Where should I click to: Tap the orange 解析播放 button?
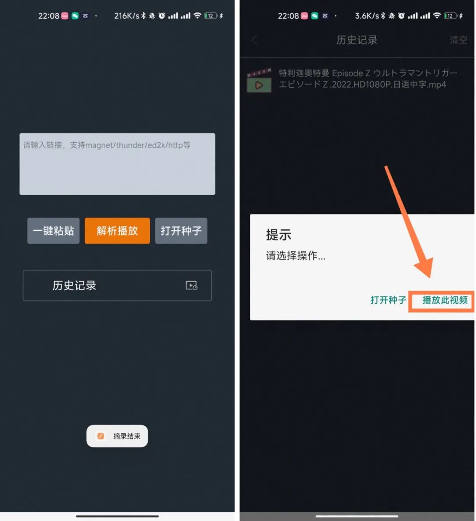pyautogui.click(x=117, y=231)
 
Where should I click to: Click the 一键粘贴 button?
pyautogui.click(x=53, y=231)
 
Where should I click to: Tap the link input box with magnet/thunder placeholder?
pyautogui.click(x=117, y=164)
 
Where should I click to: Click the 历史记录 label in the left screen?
pyautogui.click(x=74, y=285)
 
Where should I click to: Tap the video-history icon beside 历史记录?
pyautogui.click(x=192, y=285)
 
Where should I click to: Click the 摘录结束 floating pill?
pyautogui.click(x=117, y=436)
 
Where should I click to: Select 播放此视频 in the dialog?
pyautogui.click(x=445, y=300)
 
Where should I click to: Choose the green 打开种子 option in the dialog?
pyautogui.click(x=388, y=300)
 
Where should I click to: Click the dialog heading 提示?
pyautogui.click(x=279, y=235)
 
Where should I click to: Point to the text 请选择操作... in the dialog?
pyautogui.click(x=296, y=255)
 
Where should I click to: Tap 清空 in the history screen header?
pyautogui.click(x=458, y=40)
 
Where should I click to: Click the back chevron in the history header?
pyautogui.click(x=254, y=40)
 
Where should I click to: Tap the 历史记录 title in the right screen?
pyautogui.click(x=357, y=40)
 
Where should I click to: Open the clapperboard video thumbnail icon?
pyautogui.click(x=259, y=81)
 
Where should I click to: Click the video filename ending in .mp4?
pyautogui.click(x=368, y=79)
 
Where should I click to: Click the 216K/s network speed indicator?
pyautogui.click(x=126, y=15)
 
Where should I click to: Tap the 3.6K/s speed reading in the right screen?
pyautogui.click(x=367, y=15)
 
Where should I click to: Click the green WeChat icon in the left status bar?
pyautogui.click(x=75, y=15)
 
